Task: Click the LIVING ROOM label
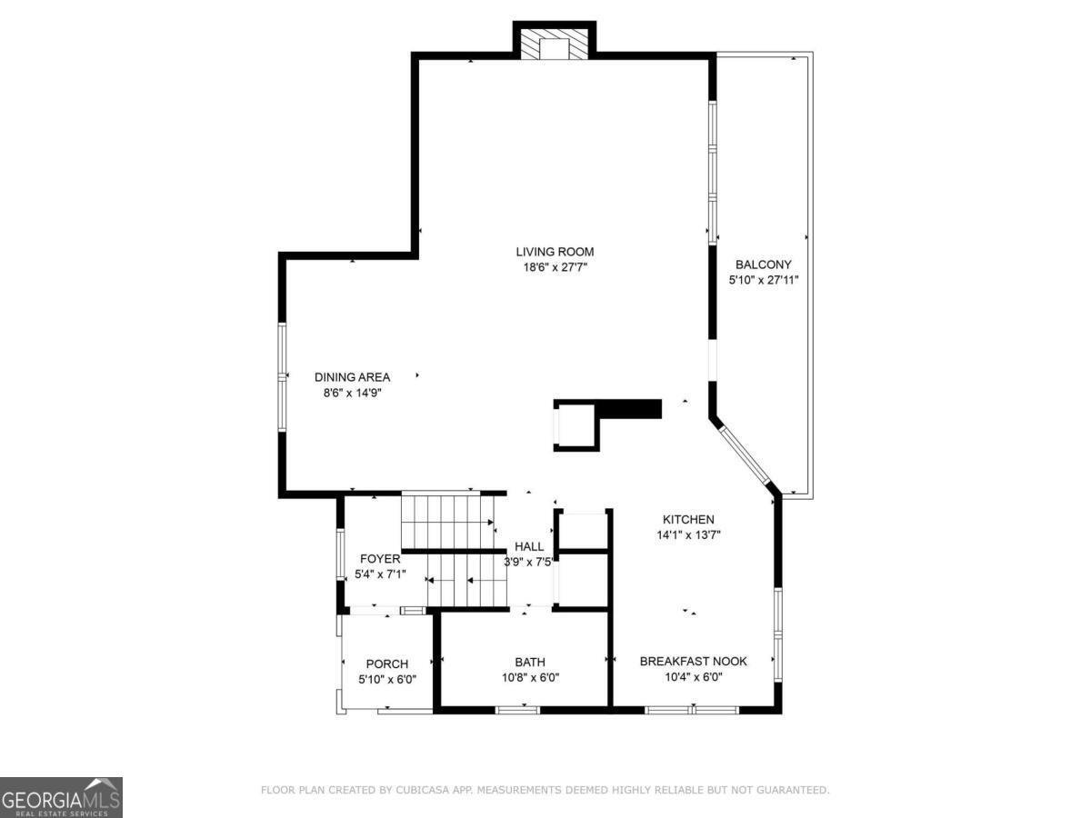tap(555, 252)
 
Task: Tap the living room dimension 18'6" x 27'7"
tap(556, 267)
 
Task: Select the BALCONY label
tap(764, 264)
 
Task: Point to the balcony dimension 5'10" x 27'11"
tap(764, 280)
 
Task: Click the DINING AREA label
tap(353, 377)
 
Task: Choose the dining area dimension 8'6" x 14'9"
tap(353, 394)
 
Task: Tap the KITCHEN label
tap(688, 520)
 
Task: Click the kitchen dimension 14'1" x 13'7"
tap(688, 535)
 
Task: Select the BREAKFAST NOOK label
tap(694, 662)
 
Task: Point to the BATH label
tap(530, 662)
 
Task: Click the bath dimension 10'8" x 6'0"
tap(530, 677)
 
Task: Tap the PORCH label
tap(387, 664)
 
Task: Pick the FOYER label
tap(380, 559)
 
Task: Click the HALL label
tap(529, 547)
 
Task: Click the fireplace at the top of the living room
tap(555, 44)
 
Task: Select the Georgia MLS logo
tap(61, 798)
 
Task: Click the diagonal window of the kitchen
tap(744, 455)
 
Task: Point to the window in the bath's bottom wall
tap(517, 710)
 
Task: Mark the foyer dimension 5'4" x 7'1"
tap(380, 574)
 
